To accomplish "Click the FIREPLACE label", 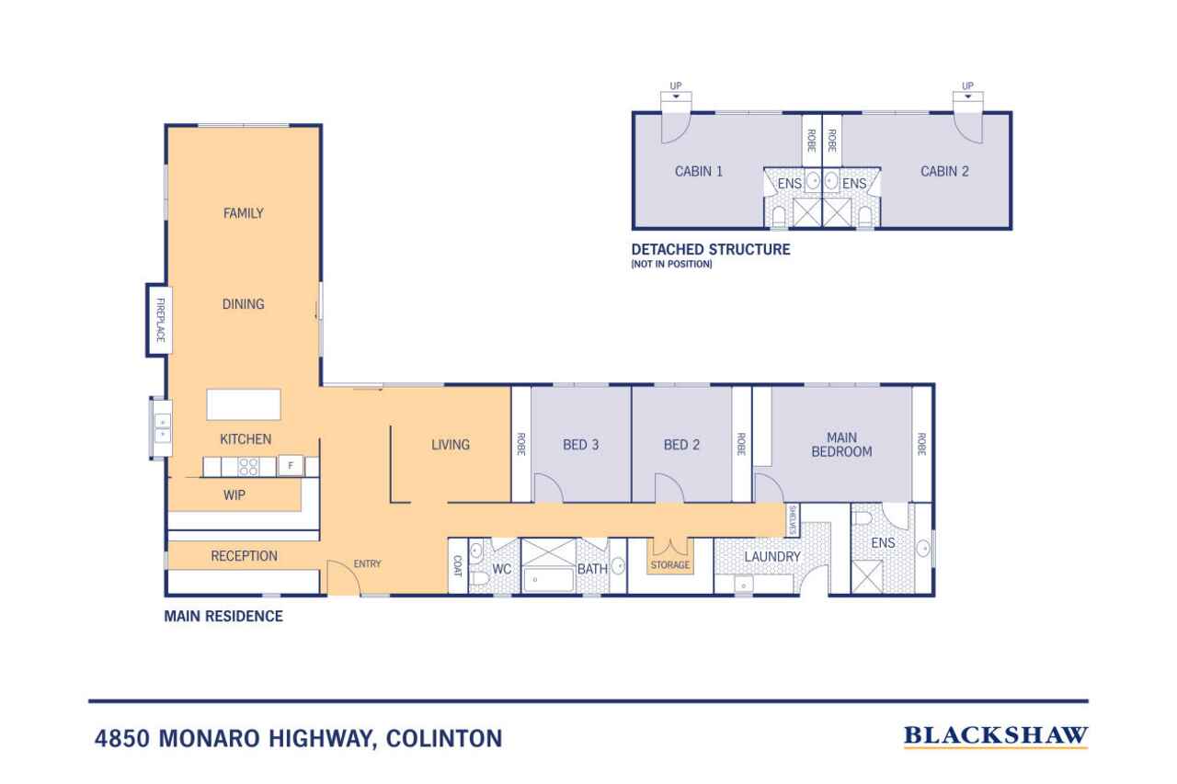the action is [x=160, y=320].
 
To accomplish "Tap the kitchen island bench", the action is [x=244, y=404].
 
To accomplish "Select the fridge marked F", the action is [x=290, y=466].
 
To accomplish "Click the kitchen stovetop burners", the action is [x=248, y=467].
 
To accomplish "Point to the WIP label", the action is [x=234, y=495].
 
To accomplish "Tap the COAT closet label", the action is [x=457, y=566].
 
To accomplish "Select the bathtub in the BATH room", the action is [x=548, y=580].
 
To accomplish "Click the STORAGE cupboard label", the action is [x=670, y=565].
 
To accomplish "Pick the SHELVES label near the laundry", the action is [x=793, y=520].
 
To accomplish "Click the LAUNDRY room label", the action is [x=772, y=557].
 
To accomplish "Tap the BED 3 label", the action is [x=580, y=445].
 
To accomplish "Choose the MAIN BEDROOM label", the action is [x=841, y=445].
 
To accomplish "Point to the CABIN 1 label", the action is [x=698, y=171].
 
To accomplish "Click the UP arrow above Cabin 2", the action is [x=968, y=97].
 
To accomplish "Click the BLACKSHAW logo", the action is [x=996, y=735].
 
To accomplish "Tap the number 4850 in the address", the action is [x=122, y=738].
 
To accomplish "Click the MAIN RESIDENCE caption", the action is [x=223, y=616].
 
